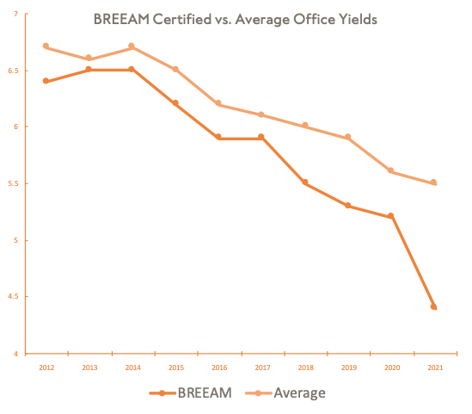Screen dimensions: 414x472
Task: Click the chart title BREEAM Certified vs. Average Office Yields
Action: (x=235, y=19)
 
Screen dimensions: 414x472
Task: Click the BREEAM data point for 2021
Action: (x=434, y=307)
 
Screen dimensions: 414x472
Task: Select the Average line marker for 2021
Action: (x=434, y=182)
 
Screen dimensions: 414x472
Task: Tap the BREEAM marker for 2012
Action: (x=46, y=82)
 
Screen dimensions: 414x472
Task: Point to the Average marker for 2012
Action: (x=46, y=46)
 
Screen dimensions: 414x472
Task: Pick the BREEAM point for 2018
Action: (x=305, y=182)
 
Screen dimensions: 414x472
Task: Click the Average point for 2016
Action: (x=218, y=104)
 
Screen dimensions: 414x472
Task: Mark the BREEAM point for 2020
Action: (x=391, y=216)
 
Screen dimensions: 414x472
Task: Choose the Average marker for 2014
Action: (x=132, y=46)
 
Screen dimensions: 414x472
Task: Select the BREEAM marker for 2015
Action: (x=175, y=103)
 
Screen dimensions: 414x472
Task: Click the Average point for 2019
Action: (x=348, y=137)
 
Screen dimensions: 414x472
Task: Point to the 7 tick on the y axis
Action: (x=15, y=14)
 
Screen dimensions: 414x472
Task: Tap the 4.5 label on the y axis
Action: (x=12, y=297)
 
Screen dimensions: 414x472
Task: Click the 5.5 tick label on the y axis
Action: (x=12, y=183)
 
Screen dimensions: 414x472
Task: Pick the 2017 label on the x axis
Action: (x=261, y=368)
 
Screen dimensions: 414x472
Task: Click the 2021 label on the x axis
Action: (x=434, y=368)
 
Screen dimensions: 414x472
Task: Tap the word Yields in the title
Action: (x=356, y=19)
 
